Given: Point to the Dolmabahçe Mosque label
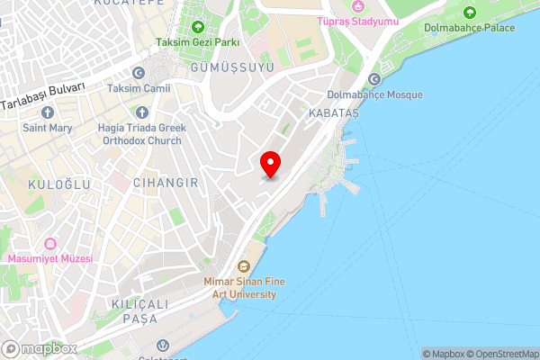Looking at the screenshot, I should pyautogui.click(x=373, y=94).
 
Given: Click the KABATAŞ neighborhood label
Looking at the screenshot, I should pyautogui.click(x=333, y=114).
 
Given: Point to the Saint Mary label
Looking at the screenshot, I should pyautogui.click(x=48, y=129).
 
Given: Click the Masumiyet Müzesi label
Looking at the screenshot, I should pyautogui.click(x=50, y=259).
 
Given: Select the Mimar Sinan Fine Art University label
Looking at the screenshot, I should pyautogui.click(x=245, y=287).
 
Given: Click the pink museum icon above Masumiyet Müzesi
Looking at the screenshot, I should pyautogui.click(x=50, y=244).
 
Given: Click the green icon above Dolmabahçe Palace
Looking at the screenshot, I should pyautogui.click(x=469, y=13).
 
